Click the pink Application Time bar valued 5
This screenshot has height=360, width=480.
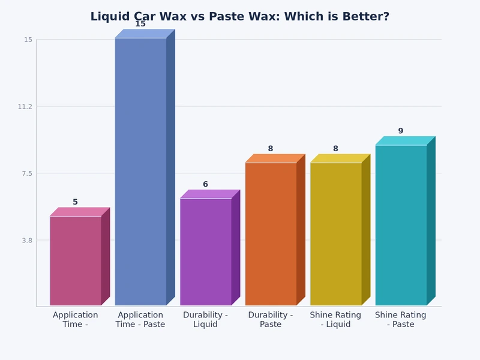[x=76, y=260]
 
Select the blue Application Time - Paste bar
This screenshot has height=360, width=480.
[x=140, y=172]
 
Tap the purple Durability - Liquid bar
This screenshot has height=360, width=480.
[x=205, y=252]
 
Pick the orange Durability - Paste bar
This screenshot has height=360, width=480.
[x=271, y=234]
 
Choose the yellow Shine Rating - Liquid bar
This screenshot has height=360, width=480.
[x=335, y=234]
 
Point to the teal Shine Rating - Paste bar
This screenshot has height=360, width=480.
[x=401, y=225]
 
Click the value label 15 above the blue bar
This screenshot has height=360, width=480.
[x=140, y=24]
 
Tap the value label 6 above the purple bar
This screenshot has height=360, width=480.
[x=205, y=185]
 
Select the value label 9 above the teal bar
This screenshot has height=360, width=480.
[x=401, y=131]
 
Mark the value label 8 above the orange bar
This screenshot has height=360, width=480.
[x=271, y=149]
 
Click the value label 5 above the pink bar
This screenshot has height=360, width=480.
[x=76, y=202]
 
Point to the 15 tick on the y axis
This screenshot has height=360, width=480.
[x=28, y=40]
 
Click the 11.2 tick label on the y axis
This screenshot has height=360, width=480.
[x=26, y=107]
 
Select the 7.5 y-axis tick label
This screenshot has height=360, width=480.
[x=28, y=173]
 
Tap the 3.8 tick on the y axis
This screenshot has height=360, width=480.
[x=28, y=240]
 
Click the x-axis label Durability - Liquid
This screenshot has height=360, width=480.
[x=205, y=320]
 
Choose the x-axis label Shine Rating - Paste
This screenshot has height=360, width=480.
[x=401, y=320]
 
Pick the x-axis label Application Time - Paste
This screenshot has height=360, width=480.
[x=140, y=320]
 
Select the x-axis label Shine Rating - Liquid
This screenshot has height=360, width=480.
[x=335, y=320]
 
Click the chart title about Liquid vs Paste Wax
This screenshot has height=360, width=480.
[x=240, y=17]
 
